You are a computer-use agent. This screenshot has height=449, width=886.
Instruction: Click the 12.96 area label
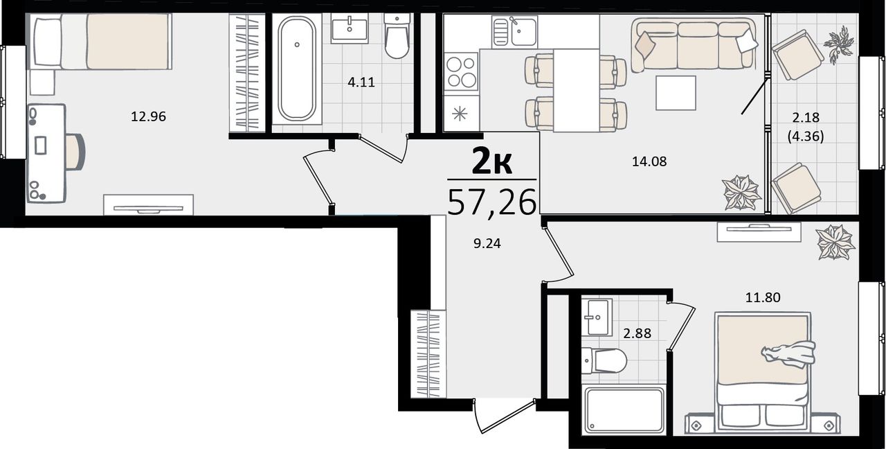click(148, 117)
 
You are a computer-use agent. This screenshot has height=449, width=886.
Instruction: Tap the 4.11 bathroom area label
click(361, 82)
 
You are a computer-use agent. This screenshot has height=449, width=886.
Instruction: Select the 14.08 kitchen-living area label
click(649, 161)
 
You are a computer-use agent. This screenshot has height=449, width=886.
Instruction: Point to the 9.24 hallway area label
click(487, 243)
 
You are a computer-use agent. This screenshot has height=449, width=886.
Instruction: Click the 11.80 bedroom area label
click(763, 297)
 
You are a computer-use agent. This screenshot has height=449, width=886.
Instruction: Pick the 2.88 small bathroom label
click(638, 333)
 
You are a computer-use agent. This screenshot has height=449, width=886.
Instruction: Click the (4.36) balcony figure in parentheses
click(806, 137)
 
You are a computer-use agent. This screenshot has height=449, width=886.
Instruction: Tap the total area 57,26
click(491, 202)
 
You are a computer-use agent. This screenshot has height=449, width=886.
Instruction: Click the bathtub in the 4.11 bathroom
click(297, 68)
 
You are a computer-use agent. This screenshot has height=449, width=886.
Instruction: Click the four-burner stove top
click(461, 71)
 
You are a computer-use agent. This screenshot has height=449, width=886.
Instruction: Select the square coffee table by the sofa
click(676, 93)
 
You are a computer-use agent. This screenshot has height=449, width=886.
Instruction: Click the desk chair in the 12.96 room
click(75, 152)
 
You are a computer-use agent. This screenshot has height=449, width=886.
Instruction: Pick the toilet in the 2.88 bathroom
click(604, 361)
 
